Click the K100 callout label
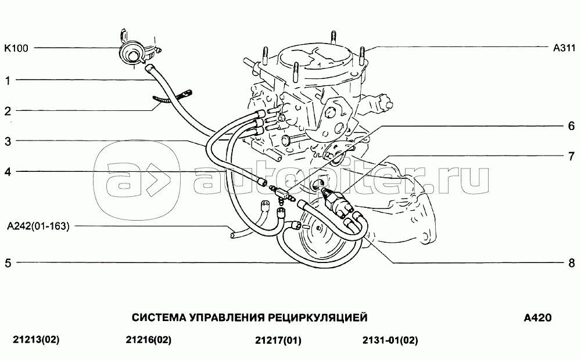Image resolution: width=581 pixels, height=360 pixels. pyautogui.click(x=16, y=48)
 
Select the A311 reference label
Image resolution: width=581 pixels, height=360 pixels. pyautogui.click(x=564, y=48)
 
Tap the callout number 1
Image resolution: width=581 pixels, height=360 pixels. pyautogui.click(x=8, y=80)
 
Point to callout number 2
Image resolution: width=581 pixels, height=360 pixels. pyautogui.click(x=8, y=111)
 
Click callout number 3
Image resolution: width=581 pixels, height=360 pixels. pyautogui.click(x=8, y=141)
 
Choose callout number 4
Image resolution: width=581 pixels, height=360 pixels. pyautogui.click(x=8, y=172)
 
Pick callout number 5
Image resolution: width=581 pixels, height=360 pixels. pyautogui.click(x=8, y=263)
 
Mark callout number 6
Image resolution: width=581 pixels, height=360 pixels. pyautogui.click(x=571, y=126)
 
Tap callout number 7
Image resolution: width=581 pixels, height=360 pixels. pyautogui.click(x=571, y=156)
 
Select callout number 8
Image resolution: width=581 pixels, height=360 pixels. pyautogui.click(x=571, y=263)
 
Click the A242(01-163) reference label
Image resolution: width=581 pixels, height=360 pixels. pyautogui.click(x=38, y=226)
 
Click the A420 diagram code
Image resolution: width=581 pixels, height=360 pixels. pyautogui.click(x=537, y=318)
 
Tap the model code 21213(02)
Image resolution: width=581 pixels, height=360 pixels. pyautogui.click(x=36, y=340)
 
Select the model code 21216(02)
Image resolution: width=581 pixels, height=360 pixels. pyautogui.click(x=149, y=340)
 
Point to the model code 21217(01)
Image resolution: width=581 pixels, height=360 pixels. pyautogui.click(x=278, y=340)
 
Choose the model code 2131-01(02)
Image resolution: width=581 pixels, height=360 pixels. pyautogui.click(x=390, y=340)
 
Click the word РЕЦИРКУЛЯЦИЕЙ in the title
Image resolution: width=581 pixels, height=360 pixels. pyautogui.click(x=318, y=318)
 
